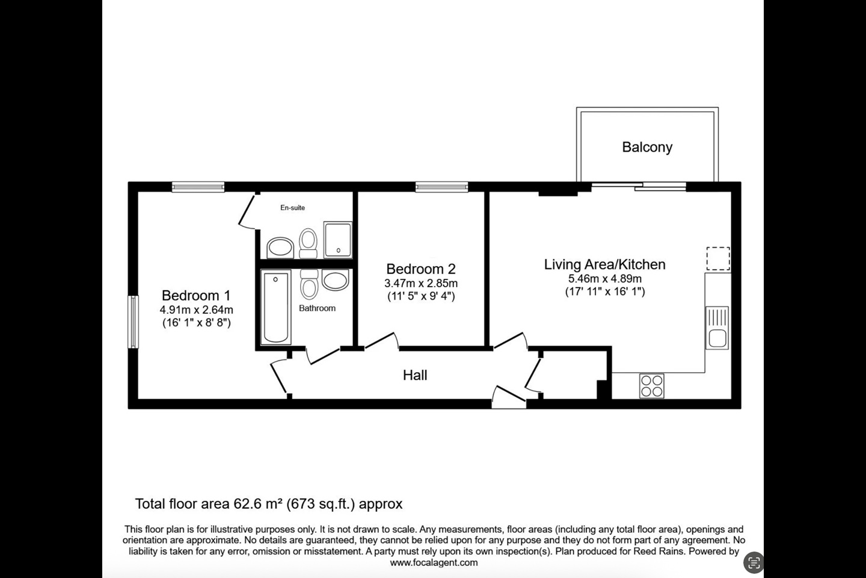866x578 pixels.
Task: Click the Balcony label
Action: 647,147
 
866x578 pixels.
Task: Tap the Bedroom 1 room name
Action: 196,296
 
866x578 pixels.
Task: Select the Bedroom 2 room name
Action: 421,269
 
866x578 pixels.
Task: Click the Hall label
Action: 415,375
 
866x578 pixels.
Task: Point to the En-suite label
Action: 293,208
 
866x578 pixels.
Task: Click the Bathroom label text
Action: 317,308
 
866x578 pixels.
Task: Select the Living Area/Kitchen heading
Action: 604,264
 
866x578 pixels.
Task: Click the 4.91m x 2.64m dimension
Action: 196,310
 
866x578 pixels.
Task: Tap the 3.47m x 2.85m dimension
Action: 421,283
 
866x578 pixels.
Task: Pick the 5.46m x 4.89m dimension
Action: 604,279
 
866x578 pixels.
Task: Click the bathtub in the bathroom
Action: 276,307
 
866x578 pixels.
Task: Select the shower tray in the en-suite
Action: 338,239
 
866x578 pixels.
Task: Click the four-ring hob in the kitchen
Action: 651,385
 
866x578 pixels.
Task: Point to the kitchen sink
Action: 717,328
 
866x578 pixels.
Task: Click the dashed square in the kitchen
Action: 717,259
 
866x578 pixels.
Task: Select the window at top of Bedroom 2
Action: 441,187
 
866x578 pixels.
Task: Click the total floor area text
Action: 269,504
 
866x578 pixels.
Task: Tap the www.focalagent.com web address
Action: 434,563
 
